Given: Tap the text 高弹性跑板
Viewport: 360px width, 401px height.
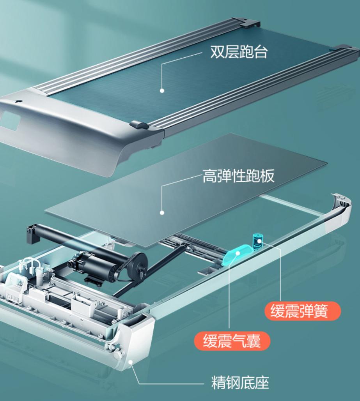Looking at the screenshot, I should (x=238, y=176).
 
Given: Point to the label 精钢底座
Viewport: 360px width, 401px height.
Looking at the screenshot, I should (x=240, y=383).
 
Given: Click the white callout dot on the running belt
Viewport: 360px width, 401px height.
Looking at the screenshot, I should (x=162, y=90).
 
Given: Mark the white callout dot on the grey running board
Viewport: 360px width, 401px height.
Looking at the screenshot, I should (x=162, y=213).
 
